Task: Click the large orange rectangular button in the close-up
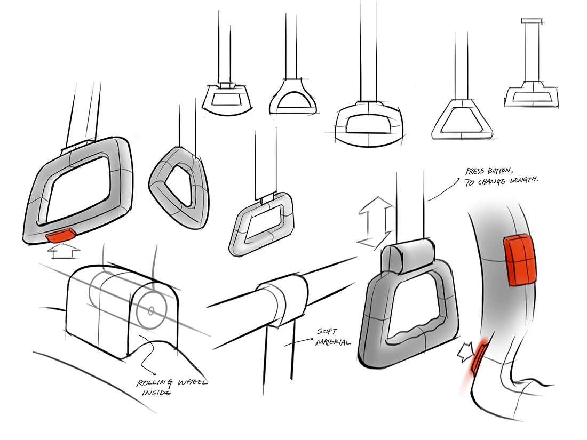(x=519, y=259)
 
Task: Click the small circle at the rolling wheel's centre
(x=152, y=310)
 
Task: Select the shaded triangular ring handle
(x=177, y=181)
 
